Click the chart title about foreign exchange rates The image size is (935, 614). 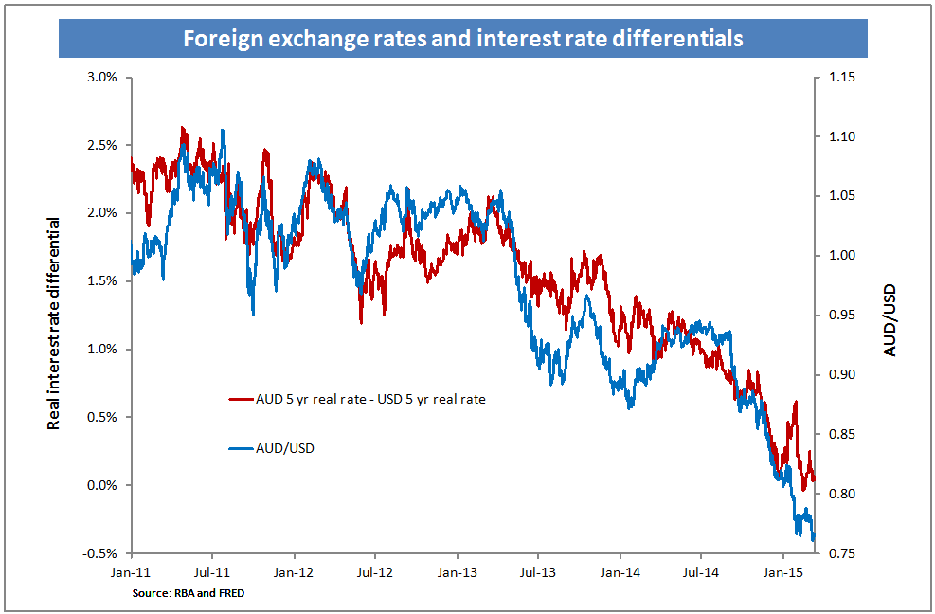463,39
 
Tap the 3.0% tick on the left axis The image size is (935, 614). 101,77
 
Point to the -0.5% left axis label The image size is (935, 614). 99,553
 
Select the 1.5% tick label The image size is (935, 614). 101,281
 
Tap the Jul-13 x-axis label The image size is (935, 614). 537,573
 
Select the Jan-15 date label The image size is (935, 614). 782,573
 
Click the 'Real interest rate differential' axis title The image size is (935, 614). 54,322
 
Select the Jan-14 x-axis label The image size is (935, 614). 619,573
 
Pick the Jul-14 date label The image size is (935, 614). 700,573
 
